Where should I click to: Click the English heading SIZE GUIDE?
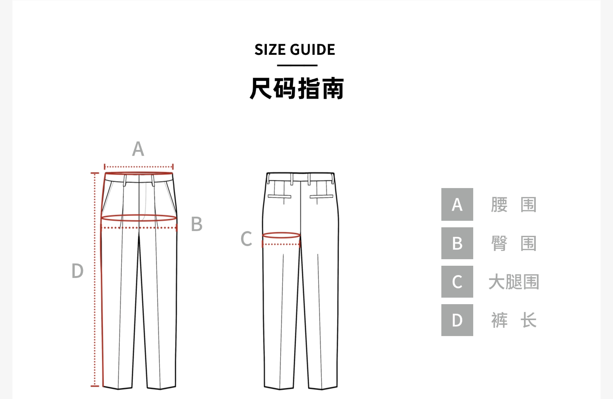pos(295,49)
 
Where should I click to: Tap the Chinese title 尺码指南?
pos(297,88)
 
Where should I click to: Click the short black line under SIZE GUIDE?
pos(297,65)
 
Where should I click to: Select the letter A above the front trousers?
pos(138,149)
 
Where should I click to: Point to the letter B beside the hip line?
pos(197,224)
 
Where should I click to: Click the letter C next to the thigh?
pos(246,238)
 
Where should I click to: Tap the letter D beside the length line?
pos(78,271)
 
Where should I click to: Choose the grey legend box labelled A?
pos(457,204)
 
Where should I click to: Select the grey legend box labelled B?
pos(457,243)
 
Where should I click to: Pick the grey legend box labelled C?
pos(457,282)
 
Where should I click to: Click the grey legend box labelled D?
pos(457,320)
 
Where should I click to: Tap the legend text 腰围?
pos(514,204)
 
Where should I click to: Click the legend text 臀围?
pos(514,243)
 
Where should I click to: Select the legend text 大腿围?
pos(514,282)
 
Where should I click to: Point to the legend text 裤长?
pos(514,320)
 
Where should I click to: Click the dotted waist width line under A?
pos(139,167)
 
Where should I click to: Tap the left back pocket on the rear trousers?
pos(280,196)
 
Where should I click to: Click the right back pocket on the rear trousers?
pos(322,196)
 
